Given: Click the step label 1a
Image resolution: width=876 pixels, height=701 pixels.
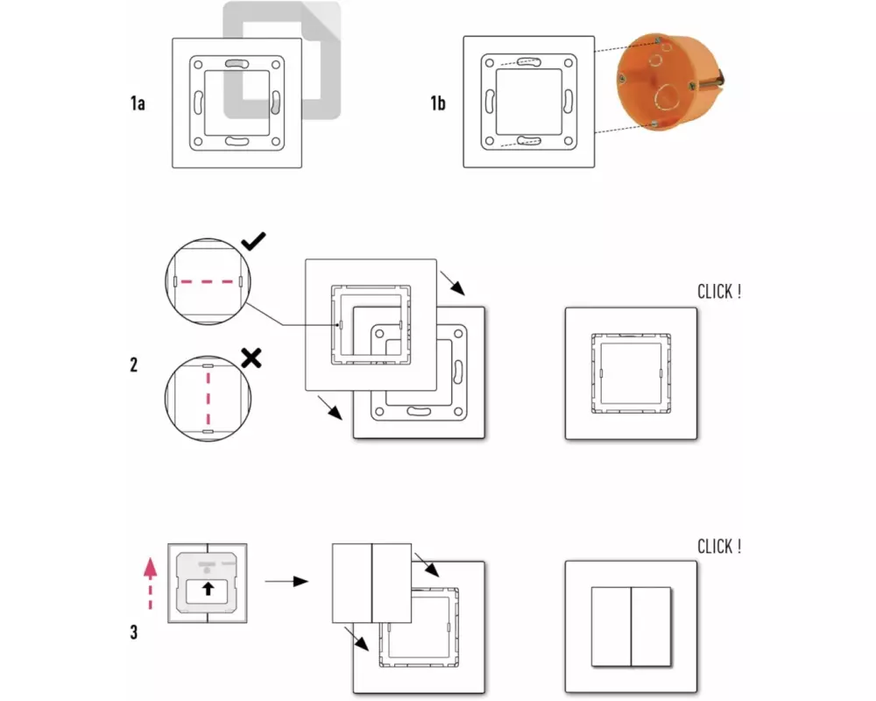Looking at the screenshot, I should (137, 103).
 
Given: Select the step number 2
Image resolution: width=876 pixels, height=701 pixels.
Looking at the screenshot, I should (134, 365).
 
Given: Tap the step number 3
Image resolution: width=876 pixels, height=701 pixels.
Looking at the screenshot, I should (134, 631).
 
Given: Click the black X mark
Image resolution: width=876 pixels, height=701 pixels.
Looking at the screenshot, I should (252, 357).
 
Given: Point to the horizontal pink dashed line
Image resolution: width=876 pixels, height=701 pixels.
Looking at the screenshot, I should (207, 282).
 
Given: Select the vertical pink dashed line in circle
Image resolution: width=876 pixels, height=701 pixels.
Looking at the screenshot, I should (208, 395).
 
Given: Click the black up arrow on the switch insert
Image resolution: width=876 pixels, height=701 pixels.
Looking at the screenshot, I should (208, 589).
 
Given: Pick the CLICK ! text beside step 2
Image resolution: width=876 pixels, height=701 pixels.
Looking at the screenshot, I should (718, 292).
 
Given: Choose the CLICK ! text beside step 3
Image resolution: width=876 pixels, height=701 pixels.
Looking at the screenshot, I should (718, 547).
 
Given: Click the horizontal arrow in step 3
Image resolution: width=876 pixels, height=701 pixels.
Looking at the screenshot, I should (286, 580).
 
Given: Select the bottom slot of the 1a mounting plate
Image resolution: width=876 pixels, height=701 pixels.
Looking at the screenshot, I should (237, 140).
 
